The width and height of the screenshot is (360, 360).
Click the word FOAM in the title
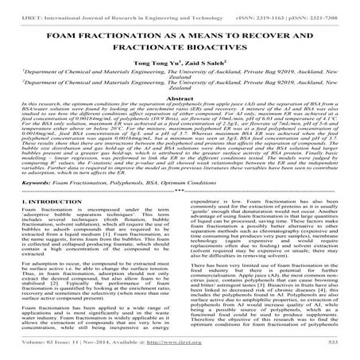click(x=67, y=37)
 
